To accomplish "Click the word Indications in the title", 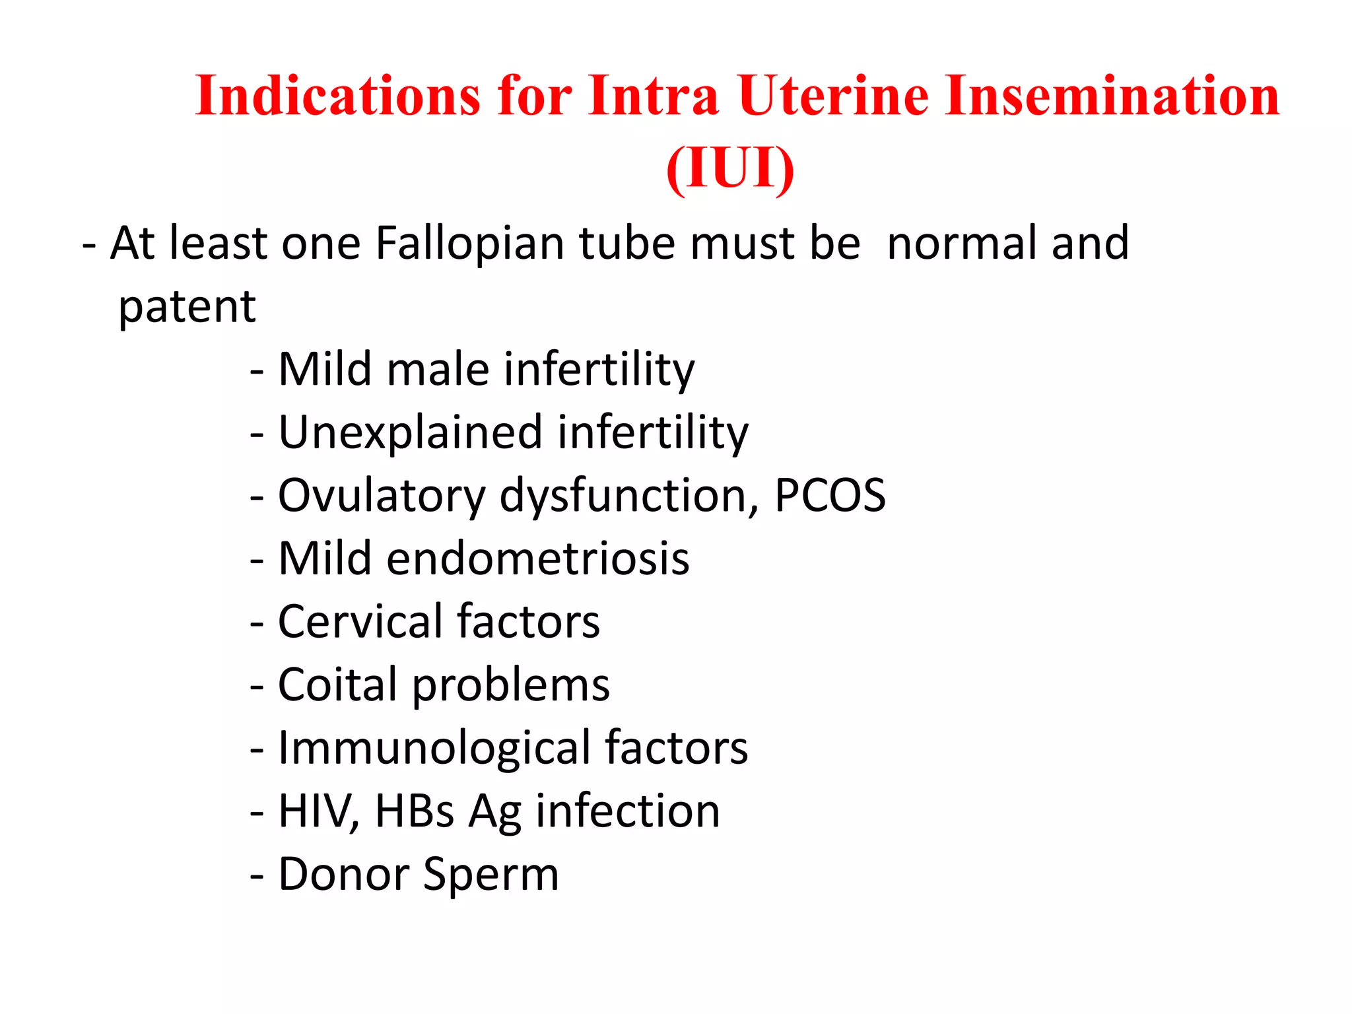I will [x=337, y=96].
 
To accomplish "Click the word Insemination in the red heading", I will [x=1112, y=96].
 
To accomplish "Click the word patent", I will [x=187, y=307].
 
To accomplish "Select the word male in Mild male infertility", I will [x=438, y=370].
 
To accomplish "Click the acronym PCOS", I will [x=830, y=495].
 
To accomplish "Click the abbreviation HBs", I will [x=415, y=811].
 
